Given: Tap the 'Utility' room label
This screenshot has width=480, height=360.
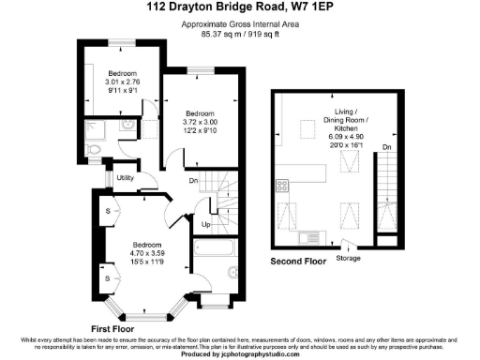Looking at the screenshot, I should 127,177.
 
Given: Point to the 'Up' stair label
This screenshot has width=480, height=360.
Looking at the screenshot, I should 205,225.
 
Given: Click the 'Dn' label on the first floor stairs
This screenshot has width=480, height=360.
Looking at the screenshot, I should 193,181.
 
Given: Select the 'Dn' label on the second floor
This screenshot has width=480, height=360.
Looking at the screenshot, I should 387,146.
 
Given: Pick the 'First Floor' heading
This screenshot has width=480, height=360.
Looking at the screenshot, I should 113,328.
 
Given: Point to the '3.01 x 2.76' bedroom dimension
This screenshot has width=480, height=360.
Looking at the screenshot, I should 122,82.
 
